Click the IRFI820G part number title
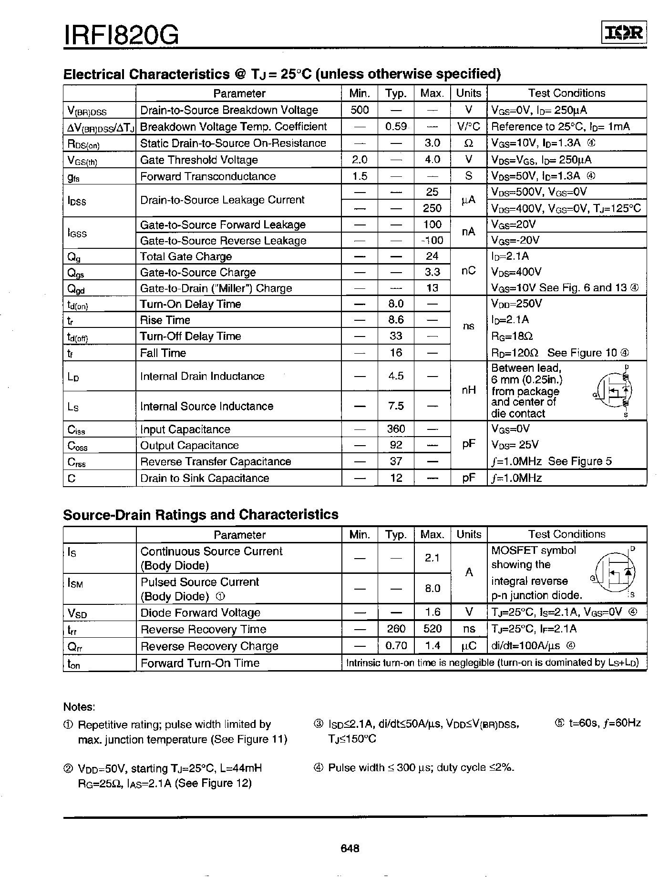(121, 35)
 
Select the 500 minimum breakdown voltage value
(360, 110)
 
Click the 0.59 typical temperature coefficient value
(396, 126)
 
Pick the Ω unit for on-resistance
(468, 143)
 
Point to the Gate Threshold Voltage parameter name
(199, 160)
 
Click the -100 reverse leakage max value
(432, 240)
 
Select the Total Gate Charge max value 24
(432, 256)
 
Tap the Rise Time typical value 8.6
(396, 320)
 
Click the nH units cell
(468, 390)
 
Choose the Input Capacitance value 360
(396, 429)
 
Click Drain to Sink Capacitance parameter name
(205, 478)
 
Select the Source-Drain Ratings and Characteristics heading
(201, 515)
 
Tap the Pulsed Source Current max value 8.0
(432, 589)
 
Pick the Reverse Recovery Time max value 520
(432, 629)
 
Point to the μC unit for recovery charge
(468, 646)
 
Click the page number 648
(350, 848)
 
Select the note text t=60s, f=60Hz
(598, 724)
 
